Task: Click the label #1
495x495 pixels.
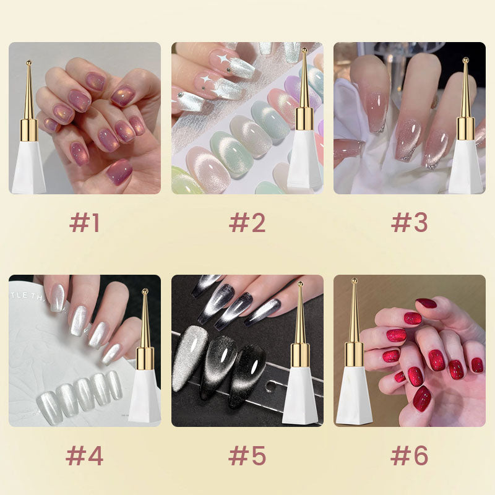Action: click(x=84, y=223)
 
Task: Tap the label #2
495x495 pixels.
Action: click(x=247, y=223)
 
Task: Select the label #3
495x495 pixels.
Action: click(x=409, y=223)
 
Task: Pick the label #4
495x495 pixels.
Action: click(x=84, y=456)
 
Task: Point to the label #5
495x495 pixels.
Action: click(x=247, y=456)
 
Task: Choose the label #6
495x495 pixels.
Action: click(x=409, y=456)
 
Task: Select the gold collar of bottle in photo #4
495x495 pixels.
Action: click(x=145, y=358)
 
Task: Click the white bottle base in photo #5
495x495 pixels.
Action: click(x=300, y=399)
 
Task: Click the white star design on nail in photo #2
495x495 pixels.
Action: click(x=222, y=61)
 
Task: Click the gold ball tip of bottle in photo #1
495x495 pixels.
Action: click(x=28, y=62)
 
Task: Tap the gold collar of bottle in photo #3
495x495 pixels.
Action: click(x=465, y=128)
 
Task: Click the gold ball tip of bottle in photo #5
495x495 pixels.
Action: click(x=300, y=285)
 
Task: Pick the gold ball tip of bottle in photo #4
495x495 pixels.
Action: click(x=145, y=291)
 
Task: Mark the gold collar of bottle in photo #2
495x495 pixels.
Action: click(x=304, y=118)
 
